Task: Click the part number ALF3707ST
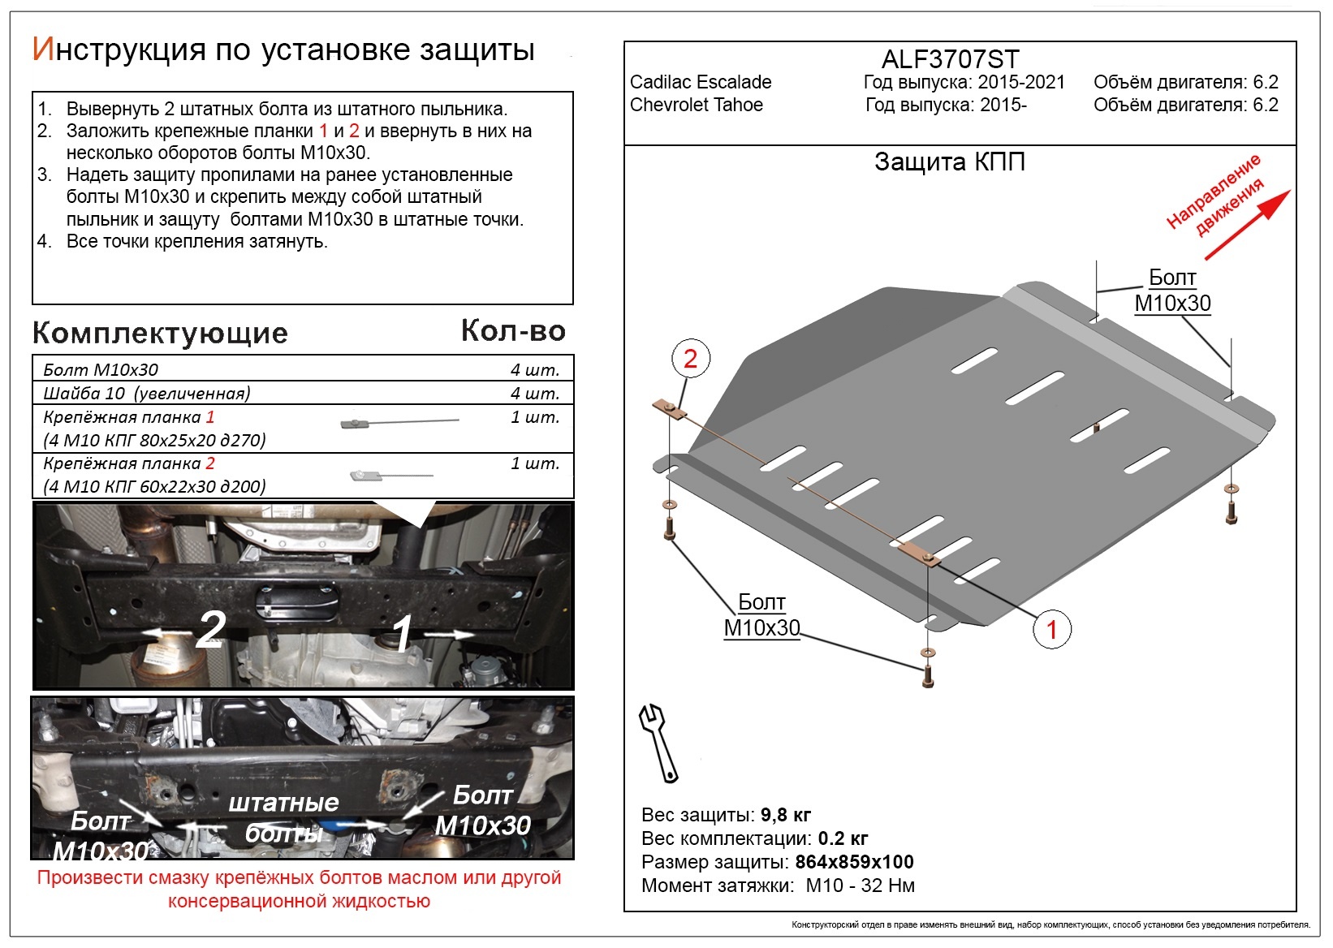951,59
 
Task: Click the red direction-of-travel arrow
1248,225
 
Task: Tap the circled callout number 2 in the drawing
690,358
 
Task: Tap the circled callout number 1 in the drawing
1052,629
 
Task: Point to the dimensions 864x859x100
854,861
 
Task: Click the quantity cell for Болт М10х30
535,369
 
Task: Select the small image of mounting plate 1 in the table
399,422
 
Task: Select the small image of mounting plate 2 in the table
391,476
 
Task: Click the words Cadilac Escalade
701,81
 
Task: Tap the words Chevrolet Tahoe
697,105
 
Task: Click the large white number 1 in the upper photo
403,633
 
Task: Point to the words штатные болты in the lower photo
284,818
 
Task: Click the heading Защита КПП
950,162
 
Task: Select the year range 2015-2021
1021,81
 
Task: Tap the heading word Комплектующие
160,334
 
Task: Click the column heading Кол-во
513,331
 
